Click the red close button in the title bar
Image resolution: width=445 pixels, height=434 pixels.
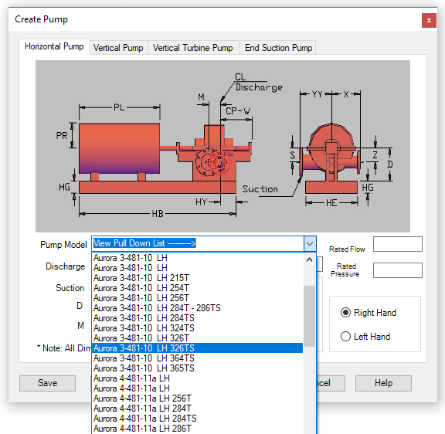[x=429, y=20]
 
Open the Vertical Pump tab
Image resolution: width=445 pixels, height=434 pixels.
[x=118, y=48]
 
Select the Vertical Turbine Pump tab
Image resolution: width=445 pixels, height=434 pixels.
[x=192, y=48]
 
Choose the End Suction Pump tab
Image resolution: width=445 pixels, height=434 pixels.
[x=278, y=48]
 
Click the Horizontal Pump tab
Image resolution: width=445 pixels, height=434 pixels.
[x=54, y=46]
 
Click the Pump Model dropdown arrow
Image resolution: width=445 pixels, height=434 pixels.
[x=310, y=244]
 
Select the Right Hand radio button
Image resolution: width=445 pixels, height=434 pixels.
[x=345, y=313]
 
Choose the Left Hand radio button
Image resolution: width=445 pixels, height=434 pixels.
[x=345, y=337]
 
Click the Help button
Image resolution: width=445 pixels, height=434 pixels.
[x=383, y=383]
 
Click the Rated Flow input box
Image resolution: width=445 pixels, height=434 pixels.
[x=398, y=244]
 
